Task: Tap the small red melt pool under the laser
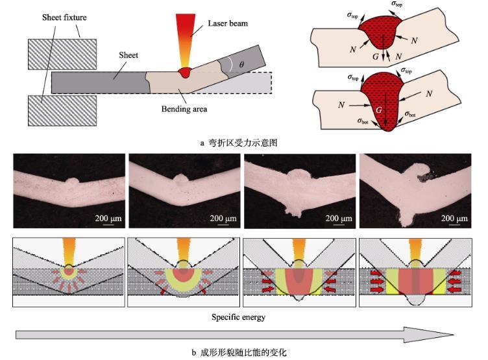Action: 187,71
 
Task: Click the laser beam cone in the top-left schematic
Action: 186,39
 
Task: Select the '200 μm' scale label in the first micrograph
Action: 108,218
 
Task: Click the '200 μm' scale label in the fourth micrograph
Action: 454,218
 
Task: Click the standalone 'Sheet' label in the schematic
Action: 128,56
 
